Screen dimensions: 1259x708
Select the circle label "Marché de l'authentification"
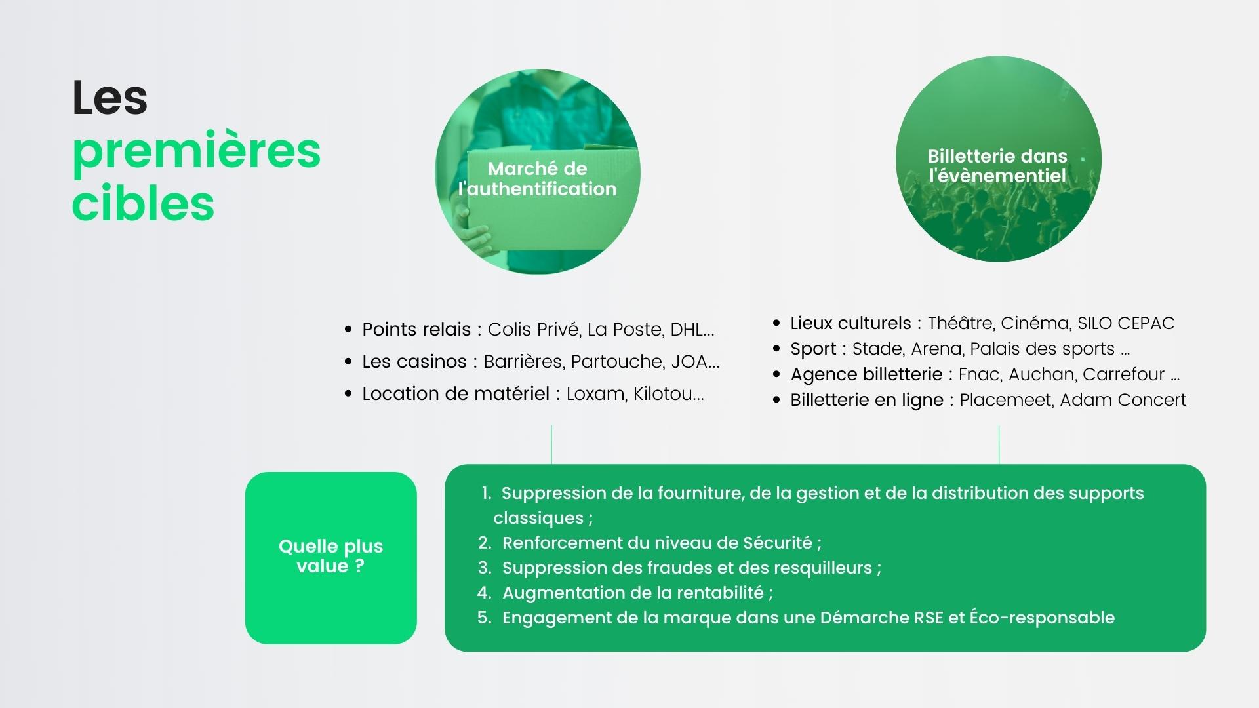538,178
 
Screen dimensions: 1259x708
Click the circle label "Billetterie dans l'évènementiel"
997,166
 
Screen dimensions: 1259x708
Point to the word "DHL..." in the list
692,329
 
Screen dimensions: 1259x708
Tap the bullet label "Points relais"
416,329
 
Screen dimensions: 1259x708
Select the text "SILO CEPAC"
1126,323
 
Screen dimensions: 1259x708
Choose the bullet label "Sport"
813,349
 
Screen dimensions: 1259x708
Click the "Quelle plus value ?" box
331,558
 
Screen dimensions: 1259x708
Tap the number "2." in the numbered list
485,543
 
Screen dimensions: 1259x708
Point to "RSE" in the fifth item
929,618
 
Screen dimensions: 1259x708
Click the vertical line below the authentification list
551,444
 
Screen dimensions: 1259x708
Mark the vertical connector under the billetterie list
999,444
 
